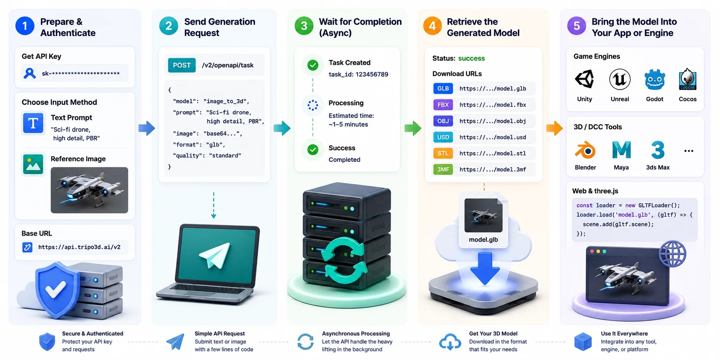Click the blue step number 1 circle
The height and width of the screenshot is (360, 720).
click(25, 26)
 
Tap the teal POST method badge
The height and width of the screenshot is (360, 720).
click(182, 65)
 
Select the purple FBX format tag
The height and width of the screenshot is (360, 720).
click(443, 105)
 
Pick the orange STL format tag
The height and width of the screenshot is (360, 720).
click(443, 153)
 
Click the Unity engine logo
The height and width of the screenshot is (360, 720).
click(584, 79)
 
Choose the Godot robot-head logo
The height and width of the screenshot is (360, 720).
click(655, 79)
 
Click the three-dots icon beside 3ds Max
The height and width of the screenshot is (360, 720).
click(689, 151)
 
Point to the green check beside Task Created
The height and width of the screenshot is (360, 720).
click(313, 65)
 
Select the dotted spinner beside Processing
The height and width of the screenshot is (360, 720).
click(313, 105)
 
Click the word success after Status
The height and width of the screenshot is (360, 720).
click(472, 58)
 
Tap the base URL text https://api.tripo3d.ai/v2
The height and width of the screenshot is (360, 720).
click(79, 247)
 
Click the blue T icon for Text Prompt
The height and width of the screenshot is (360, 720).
click(33, 123)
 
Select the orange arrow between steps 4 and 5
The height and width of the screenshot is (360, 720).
click(554, 128)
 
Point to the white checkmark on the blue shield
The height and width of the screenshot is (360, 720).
click(56, 289)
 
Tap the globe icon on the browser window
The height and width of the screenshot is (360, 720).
click(673, 254)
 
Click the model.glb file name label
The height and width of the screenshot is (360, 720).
click(483, 240)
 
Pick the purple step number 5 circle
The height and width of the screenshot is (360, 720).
click(577, 26)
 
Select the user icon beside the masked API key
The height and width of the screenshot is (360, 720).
click(30, 73)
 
